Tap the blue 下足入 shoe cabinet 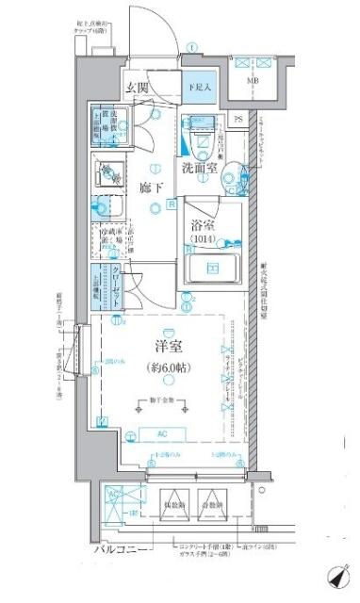coord(199,87)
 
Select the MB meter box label coord(254,82)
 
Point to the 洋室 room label coord(167,347)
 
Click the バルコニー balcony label coord(120,549)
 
